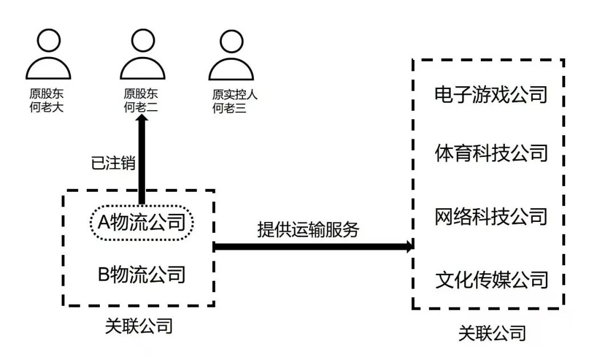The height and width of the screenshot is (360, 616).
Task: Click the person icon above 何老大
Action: (48, 56)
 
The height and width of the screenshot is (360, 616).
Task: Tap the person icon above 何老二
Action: (142, 56)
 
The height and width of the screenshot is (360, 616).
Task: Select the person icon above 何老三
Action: (230, 56)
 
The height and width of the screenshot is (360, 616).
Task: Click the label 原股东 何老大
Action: (46, 100)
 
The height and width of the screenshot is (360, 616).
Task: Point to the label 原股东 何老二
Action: (141, 100)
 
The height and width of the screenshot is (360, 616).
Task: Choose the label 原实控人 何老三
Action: (234, 100)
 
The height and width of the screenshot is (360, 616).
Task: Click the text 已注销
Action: (113, 163)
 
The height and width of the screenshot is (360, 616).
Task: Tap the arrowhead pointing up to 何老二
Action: (142, 121)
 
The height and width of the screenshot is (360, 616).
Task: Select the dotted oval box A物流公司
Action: (142, 221)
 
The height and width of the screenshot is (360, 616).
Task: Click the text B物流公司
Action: (142, 274)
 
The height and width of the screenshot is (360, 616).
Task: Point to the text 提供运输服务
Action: (309, 229)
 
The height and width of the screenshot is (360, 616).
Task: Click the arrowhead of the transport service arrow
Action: (408, 246)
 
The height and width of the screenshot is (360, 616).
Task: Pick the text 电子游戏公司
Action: (491, 94)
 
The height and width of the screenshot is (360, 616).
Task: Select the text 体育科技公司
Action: (491, 153)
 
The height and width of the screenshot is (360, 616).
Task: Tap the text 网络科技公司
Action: (491, 216)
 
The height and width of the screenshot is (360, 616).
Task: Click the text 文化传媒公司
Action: (491, 280)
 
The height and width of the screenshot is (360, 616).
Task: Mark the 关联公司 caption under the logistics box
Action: (139, 326)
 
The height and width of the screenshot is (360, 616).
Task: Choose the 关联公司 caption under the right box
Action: (492, 333)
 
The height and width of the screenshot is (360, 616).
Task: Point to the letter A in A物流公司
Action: (104, 221)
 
